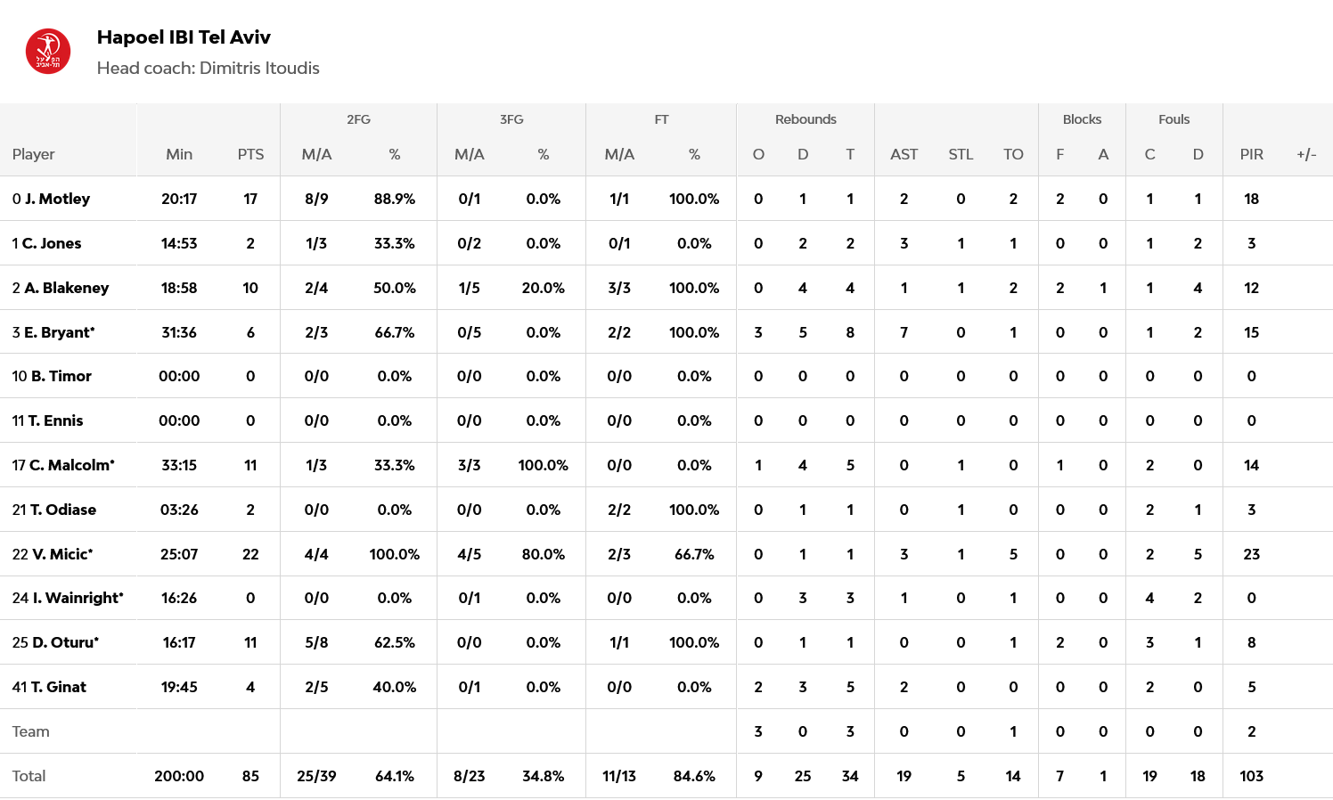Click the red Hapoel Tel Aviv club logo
pos(48,52)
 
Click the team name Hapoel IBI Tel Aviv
pos(184,37)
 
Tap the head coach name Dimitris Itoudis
pos(259,69)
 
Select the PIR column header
pos(1251,154)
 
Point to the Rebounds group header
pos(806,119)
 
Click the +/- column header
pos(1306,154)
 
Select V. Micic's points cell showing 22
pos(250,554)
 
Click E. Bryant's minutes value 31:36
pos(179,332)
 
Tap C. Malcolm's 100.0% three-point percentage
pos(543,465)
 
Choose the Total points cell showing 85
pos(250,776)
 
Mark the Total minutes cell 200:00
pos(179,776)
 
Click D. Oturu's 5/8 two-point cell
pos(316,642)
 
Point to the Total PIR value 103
pos(1251,776)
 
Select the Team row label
pos(31,731)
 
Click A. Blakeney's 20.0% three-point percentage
pos(543,288)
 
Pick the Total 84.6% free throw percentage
pos(694,776)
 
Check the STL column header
pos(961,154)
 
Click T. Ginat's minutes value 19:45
pos(179,687)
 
